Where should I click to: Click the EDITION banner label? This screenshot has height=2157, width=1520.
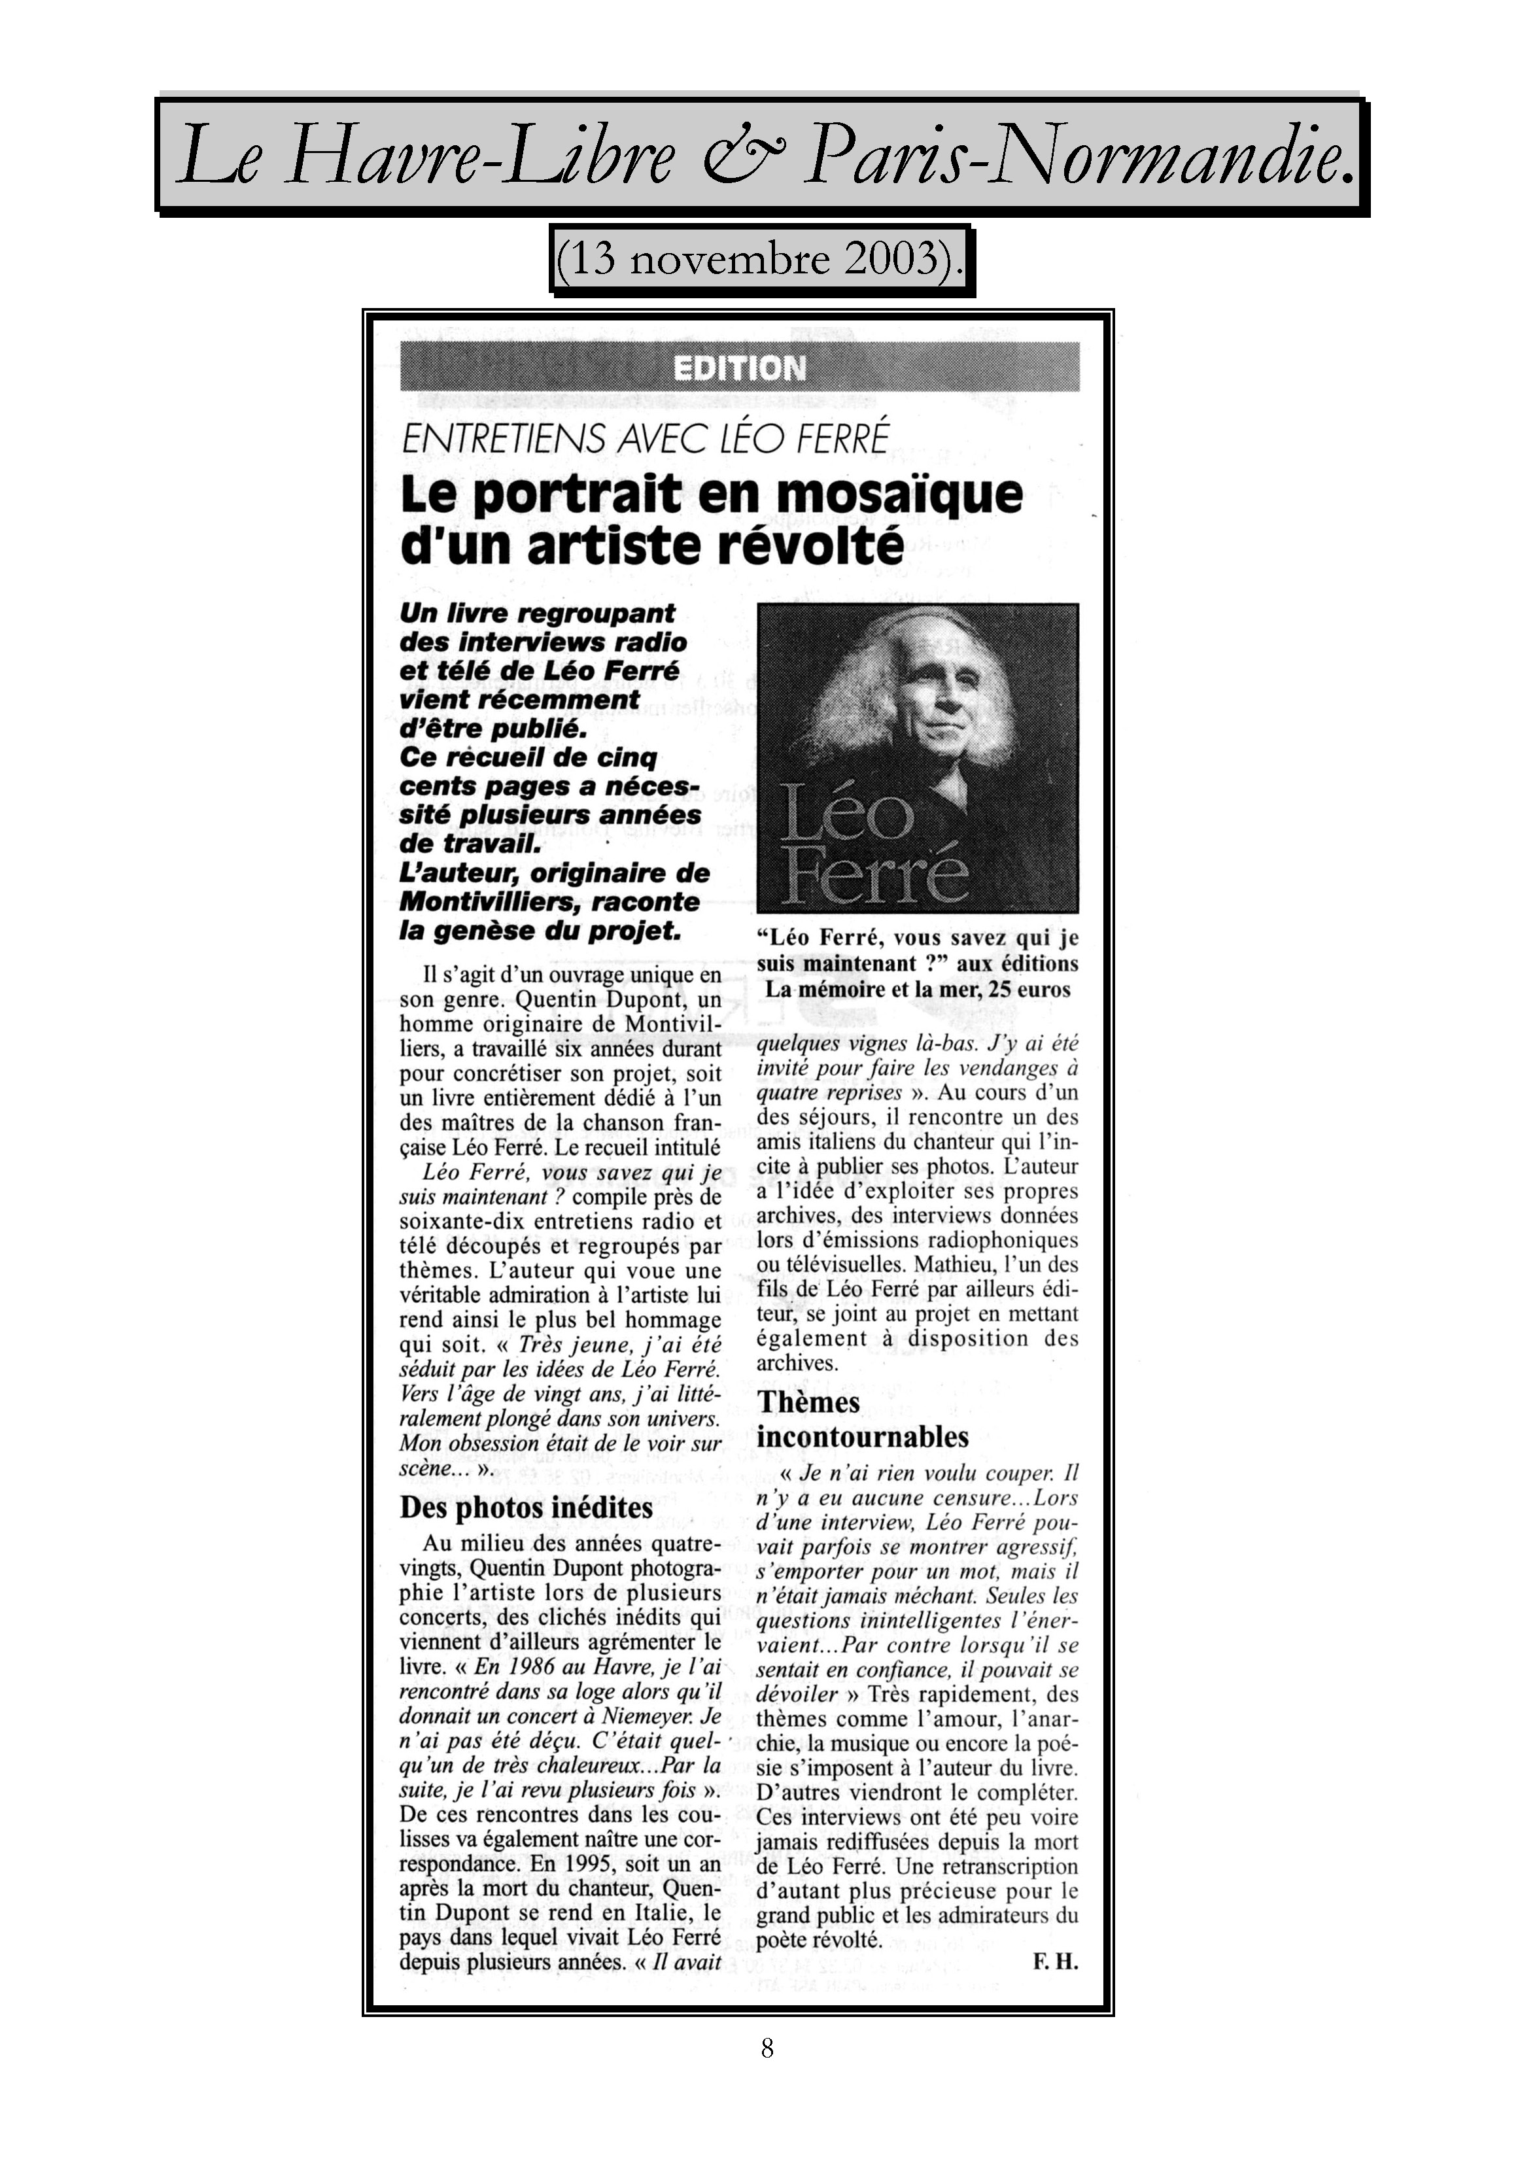[x=739, y=368]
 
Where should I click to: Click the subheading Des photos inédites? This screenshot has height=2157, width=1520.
[x=525, y=1507]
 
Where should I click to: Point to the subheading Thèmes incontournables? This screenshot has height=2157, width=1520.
[x=861, y=1419]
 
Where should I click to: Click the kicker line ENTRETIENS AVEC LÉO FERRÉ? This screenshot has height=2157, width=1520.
[x=644, y=440]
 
